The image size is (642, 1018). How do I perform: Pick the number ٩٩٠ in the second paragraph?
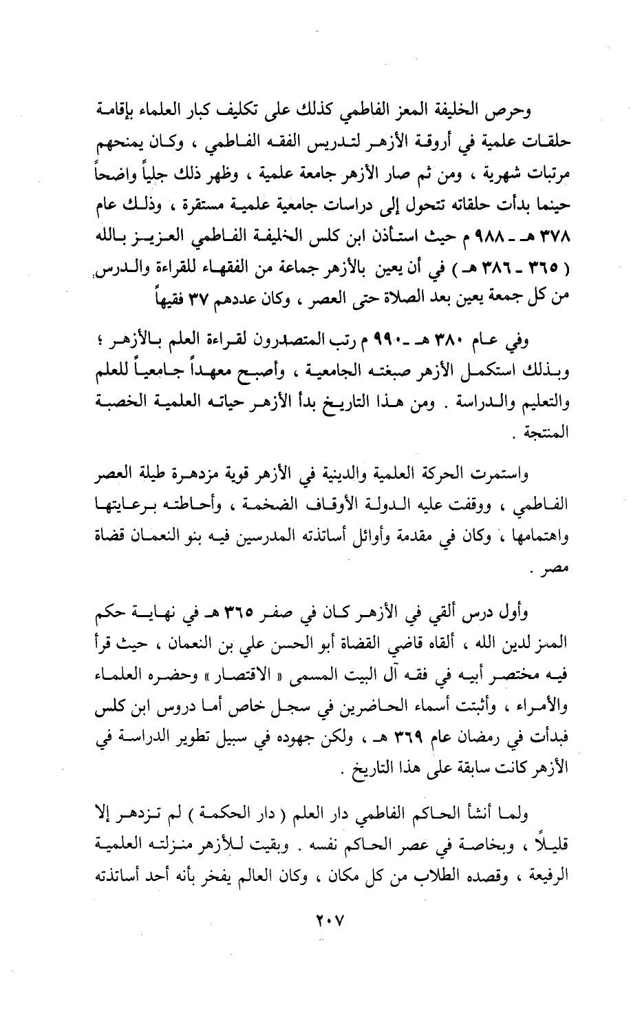pyautogui.click(x=399, y=341)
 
